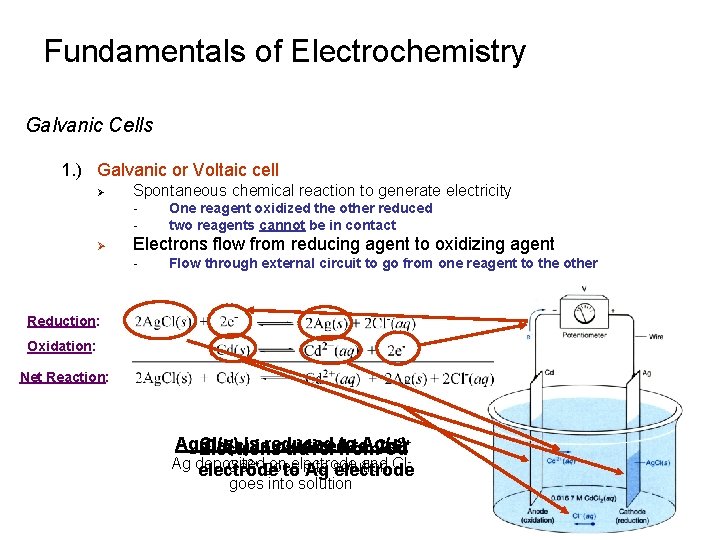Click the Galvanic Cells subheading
(x=90, y=125)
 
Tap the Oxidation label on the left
(x=61, y=346)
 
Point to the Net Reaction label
(x=64, y=377)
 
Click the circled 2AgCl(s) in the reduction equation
(x=165, y=321)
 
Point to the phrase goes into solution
(x=290, y=484)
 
